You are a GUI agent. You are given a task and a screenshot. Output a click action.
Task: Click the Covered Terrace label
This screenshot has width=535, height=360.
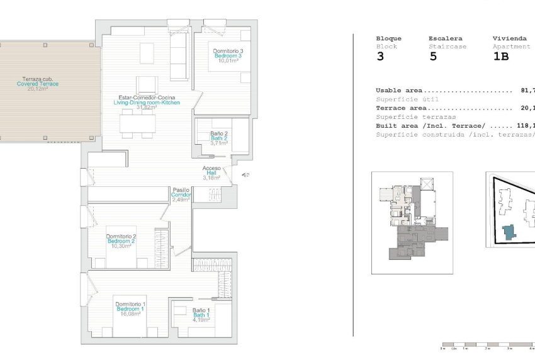pos(38,84)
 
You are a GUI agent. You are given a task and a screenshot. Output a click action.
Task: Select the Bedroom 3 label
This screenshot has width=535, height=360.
pos(227,55)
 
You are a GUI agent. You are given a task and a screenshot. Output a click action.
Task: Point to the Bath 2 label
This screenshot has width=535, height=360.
pos(219,138)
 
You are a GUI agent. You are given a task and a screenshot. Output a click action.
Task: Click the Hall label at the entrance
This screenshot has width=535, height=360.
pos(211,173)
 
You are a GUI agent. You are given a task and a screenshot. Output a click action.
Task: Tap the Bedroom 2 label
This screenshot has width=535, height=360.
pos(121,241)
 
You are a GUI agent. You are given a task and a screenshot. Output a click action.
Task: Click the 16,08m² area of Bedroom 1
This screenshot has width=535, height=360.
pos(131,314)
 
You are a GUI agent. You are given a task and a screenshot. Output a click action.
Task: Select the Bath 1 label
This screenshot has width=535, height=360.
pos(201,315)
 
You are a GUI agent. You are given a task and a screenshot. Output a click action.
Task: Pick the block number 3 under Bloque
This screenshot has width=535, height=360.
pos(380,57)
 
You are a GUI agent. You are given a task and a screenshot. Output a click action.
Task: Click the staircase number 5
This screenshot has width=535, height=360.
pos(433,57)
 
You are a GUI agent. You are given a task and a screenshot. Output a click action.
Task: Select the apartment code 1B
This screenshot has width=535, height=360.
pos(501,57)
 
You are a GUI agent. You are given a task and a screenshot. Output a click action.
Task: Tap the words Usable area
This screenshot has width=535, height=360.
pos(399,91)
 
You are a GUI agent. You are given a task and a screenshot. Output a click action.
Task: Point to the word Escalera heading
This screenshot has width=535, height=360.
pos(446,38)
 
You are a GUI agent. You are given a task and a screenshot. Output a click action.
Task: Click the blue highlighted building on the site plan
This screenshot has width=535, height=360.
pos(509,232)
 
